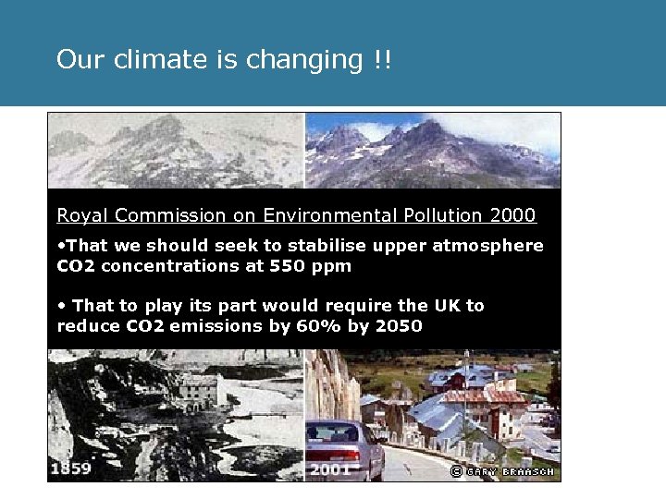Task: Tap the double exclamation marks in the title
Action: point(383,60)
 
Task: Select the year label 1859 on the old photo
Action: point(71,469)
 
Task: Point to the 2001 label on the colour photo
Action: point(329,469)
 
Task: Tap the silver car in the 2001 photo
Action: point(345,448)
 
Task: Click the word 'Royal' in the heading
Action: point(79,215)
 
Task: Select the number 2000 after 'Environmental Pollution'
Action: point(512,215)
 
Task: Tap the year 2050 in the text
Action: point(400,325)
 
